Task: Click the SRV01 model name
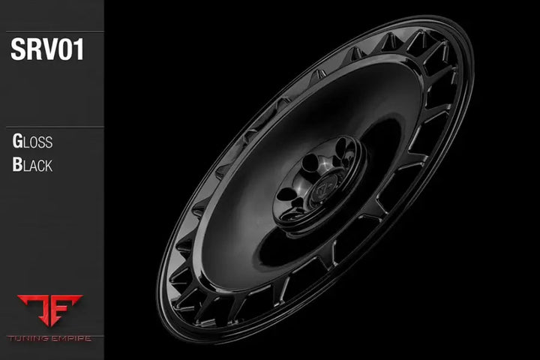47,50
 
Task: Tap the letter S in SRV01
18,50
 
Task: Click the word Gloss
32,142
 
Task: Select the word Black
32,165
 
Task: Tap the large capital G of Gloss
17,142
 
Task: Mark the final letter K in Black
49,166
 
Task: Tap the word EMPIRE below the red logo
70,338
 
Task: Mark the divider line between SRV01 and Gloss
52,127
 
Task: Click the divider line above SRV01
52,31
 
